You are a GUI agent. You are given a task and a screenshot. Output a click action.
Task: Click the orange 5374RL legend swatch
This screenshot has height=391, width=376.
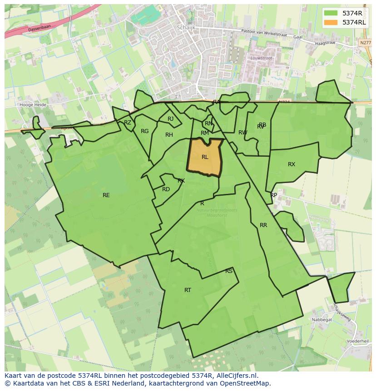click(331, 22)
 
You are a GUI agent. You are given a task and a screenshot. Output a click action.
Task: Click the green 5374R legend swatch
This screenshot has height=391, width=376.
click(331, 13)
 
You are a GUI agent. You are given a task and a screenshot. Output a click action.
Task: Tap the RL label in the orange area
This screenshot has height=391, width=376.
click(205, 157)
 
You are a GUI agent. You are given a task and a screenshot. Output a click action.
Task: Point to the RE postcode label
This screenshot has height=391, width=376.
click(106, 195)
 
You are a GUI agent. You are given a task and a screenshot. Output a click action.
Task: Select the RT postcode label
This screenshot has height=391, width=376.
click(188, 290)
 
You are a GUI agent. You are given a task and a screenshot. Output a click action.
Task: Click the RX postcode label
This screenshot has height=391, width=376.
click(292, 164)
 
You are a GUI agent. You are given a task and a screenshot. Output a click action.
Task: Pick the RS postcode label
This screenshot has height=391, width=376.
click(229, 271)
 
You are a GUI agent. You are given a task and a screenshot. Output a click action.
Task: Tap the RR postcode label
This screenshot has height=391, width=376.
click(263, 225)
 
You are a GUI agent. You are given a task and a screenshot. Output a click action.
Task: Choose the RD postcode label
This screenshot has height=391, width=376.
click(166, 189)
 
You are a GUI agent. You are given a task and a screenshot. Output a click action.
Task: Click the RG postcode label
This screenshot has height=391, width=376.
click(144, 131)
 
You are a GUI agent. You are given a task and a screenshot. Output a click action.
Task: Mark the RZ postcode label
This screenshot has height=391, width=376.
click(128, 123)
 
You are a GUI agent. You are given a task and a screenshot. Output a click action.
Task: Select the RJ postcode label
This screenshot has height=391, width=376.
click(170, 119)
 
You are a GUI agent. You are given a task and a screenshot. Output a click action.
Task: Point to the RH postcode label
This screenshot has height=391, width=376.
click(169, 135)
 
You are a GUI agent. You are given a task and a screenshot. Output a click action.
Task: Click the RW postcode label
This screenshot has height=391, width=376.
click(242, 133)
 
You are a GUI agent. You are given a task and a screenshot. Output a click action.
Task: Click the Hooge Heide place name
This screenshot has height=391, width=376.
click(33, 104)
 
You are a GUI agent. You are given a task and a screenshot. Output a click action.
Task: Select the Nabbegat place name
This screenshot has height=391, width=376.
click(322, 320)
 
